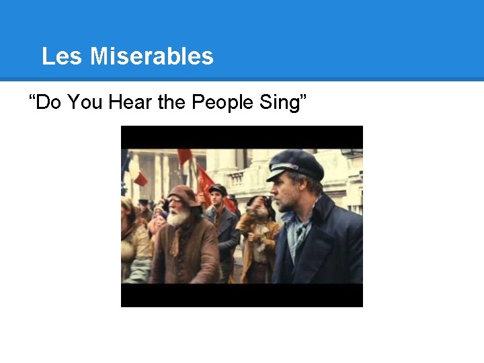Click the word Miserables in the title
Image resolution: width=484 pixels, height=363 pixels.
point(151,56)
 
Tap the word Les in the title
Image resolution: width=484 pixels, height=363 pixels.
point(63,56)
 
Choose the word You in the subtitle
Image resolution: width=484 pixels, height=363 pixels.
point(86,103)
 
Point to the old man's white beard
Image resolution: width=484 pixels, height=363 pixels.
point(179,218)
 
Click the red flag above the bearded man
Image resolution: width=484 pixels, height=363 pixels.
point(184,156)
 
